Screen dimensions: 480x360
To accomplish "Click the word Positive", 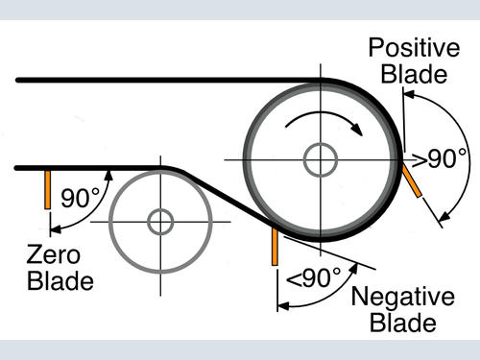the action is (x=414, y=48).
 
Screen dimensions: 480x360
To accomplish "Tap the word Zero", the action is (x=54, y=255).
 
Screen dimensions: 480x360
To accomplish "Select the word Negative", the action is (x=403, y=298).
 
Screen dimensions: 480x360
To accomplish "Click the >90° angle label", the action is (x=440, y=158).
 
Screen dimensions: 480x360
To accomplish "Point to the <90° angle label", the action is (x=314, y=277).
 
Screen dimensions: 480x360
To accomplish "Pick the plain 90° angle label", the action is (x=81, y=198).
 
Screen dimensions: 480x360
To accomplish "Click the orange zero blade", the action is (x=48, y=190).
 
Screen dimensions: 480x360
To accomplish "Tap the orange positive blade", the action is (x=412, y=180).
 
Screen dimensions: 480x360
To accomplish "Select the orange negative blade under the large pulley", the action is (x=275, y=246).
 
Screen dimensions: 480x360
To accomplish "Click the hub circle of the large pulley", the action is (x=321, y=160).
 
